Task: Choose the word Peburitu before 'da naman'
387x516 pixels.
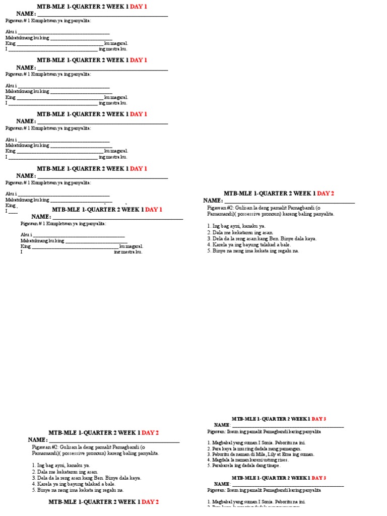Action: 221,455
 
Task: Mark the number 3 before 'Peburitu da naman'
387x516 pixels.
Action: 208,455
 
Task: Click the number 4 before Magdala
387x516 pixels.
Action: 208,460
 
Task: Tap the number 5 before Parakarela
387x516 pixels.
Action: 208,466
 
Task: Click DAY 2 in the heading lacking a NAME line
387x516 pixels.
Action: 150,502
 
